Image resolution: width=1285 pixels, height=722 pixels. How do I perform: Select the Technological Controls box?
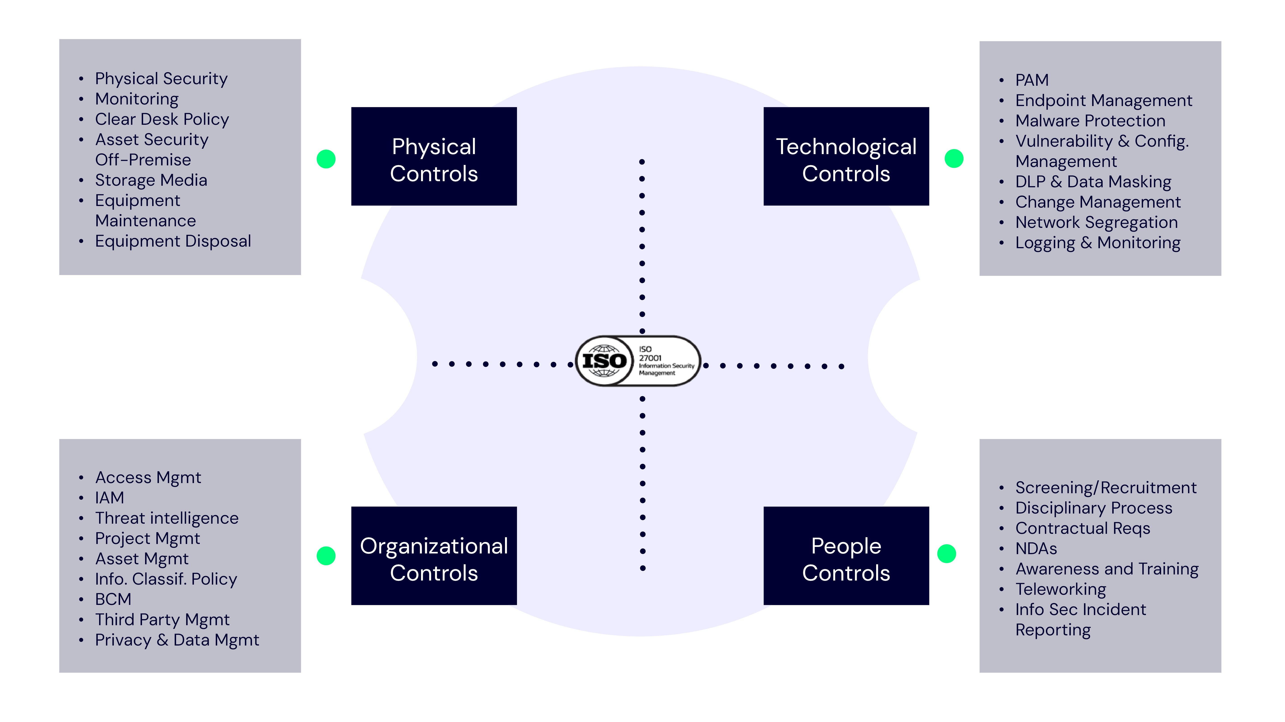pyautogui.click(x=846, y=156)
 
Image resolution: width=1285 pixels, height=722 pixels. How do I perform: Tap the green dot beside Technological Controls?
pyautogui.click(x=954, y=159)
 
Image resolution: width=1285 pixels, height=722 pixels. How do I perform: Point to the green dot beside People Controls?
pyautogui.click(x=946, y=553)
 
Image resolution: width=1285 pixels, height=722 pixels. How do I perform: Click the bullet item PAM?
pyautogui.click(x=1032, y=80)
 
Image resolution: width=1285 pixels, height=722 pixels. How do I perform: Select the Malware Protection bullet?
pyautogui.click(x=1090, y=121)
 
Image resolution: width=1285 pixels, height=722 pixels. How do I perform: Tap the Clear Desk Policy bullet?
pyautogui.click(x=162, y=119)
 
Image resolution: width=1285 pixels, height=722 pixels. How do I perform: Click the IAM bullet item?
pyautogui.click(x=109, y=498)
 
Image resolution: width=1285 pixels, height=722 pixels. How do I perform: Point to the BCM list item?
pyautogui.click(x=113, y=599)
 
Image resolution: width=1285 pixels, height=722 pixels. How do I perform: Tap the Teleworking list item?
pyautogui.click(x=1061, y=589)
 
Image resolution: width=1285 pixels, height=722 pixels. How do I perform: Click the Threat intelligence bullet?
pyautogui.click(x=167, y=518)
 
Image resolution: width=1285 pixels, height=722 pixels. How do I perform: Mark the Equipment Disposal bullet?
pyautogui.click(x=173, y=241)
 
